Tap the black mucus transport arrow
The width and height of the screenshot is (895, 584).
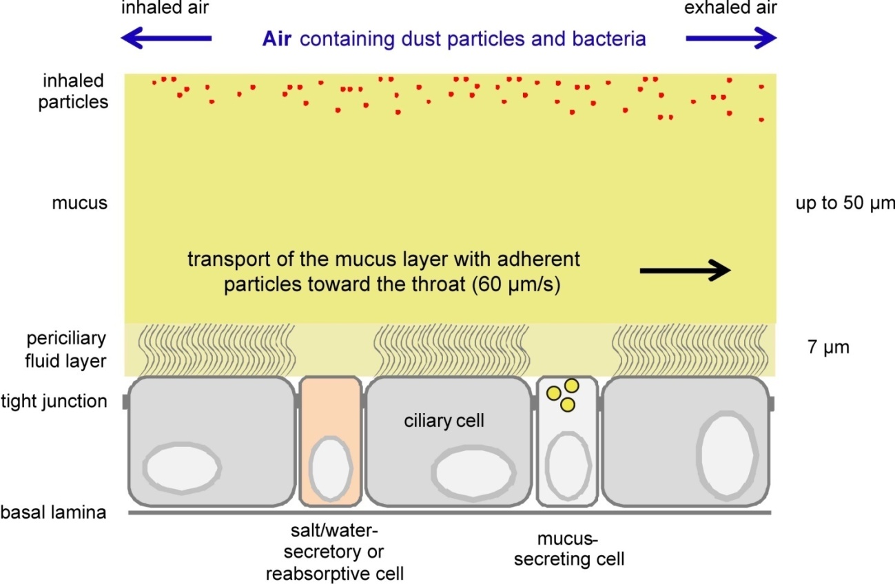(685, 271)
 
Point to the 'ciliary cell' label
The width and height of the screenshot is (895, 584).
(444, 419)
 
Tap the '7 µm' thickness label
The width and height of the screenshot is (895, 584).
(828, 346)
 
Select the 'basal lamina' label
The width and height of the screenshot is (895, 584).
(53, 513)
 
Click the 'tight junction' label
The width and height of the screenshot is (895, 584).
(54, 401)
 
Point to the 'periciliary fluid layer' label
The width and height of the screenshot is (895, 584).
(66, 348)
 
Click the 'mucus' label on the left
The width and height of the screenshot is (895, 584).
(79, 204)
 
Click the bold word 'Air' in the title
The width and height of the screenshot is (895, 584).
(277, 39)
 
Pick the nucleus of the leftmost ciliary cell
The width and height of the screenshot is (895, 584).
(182, 467)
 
